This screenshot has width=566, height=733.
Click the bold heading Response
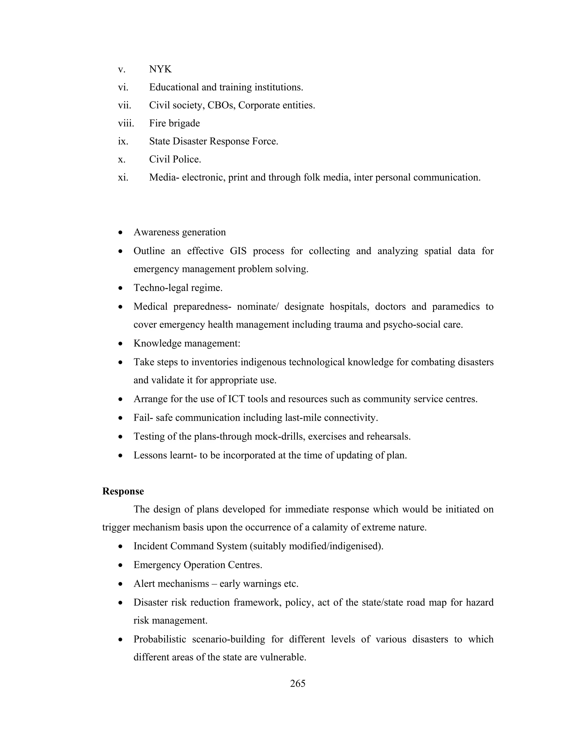click(123, 491)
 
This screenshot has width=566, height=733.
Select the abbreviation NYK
click(160, 69)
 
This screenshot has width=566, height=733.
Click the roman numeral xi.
click(123, 177)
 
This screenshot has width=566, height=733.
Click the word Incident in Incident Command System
click(150, 546)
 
